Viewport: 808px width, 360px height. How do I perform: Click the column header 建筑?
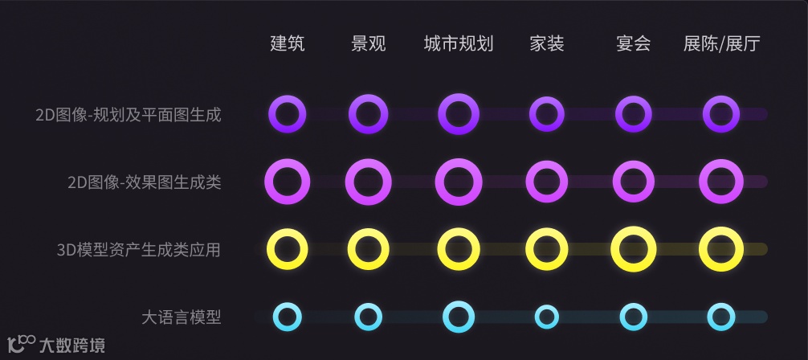point(288,43)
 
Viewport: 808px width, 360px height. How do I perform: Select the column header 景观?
point(369,43)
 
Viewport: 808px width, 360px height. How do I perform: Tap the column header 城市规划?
point(458,43)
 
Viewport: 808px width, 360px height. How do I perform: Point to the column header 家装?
point(547,43)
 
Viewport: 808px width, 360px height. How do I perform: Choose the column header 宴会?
point(633,43)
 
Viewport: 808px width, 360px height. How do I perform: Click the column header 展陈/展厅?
point(720,43)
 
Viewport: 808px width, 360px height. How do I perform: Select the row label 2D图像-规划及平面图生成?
point(129,115)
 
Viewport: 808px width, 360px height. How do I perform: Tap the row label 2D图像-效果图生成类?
point(145,182)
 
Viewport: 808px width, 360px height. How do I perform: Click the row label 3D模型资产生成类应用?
point(139,250)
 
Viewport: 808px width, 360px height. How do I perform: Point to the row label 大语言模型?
point(181,317)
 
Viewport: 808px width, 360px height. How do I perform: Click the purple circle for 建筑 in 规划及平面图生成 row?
point(288,115)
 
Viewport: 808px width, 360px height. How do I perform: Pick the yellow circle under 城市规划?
point(459,249)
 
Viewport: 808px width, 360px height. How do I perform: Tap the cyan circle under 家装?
point(547,317)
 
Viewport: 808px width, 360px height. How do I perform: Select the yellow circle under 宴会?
point(634,249)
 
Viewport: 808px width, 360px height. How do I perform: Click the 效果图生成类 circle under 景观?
point(369,182)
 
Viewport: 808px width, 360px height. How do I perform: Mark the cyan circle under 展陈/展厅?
point(721,317)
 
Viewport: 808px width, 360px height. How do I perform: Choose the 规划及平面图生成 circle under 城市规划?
point(459,115)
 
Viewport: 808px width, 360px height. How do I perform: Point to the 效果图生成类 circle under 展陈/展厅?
point(721,182)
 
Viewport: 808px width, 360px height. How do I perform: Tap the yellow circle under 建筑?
point(288,249)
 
